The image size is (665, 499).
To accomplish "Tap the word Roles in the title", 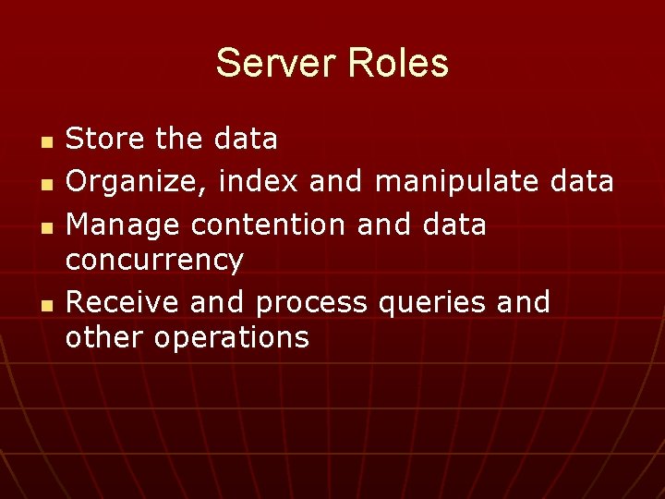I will (x=399, y=64).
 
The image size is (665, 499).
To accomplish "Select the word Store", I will (x=104, y=140).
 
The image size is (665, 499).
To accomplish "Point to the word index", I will (x=259, y=182).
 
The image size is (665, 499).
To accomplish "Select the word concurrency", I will (x=154, y=261).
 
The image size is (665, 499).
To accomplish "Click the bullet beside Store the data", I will (x=47, y=141).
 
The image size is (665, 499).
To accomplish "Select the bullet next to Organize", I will (x=47, y=185).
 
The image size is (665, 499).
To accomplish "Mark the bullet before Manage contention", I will (x=47, y=227).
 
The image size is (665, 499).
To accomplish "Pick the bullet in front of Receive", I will (x=47, y=305).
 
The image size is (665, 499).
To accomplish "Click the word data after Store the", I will (x=245, y=140).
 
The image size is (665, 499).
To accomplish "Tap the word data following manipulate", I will (x=580, y=182).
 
